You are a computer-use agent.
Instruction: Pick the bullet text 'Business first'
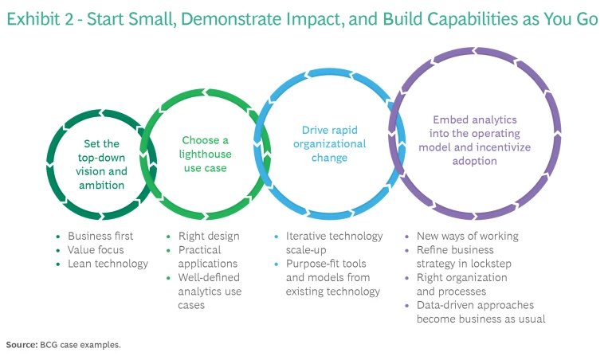point(100,236)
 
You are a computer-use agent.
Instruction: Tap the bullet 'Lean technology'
point(108,263)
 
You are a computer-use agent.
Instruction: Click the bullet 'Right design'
point(205,236)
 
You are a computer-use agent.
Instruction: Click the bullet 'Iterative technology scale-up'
point(334,243)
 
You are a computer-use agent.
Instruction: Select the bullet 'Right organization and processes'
point(462,284)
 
